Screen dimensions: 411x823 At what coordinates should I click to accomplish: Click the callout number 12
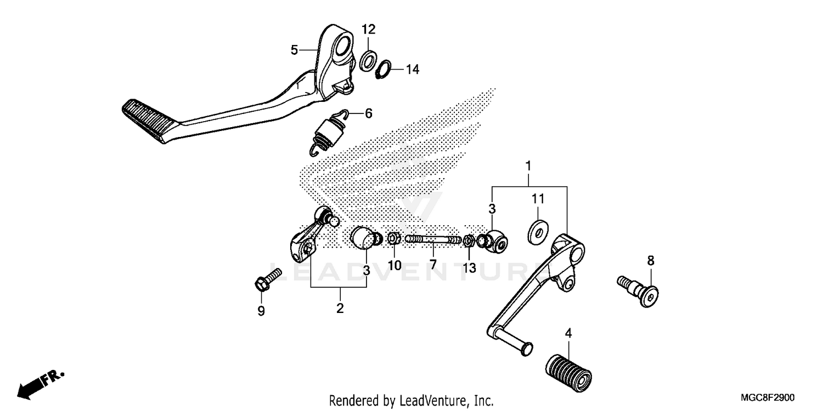click(x=368, y=29)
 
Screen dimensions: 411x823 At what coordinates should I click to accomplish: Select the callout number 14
click(x=412, y=70)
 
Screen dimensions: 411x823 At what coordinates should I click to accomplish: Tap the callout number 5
click(x=295, y=50)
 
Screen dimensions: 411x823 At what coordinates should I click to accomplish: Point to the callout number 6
click(x=368, y=113)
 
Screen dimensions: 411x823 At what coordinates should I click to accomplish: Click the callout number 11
click(x=537, y=198)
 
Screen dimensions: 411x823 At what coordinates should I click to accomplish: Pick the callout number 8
click(x=651, y=261)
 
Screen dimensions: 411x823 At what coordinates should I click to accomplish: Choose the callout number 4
click(x=568, y=333)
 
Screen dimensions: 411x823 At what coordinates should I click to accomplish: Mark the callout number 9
click(x=261, y=311)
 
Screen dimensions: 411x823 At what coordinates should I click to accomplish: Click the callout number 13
click(x=469, y=267)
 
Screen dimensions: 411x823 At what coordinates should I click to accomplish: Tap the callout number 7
click(x=433, y=265)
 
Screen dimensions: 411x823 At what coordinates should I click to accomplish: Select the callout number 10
click(x=394, y=265)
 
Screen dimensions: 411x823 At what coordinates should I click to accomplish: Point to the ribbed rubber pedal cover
click(x=568, y=369)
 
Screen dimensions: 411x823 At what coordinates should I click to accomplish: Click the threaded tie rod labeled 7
click(x=433, y=239)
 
